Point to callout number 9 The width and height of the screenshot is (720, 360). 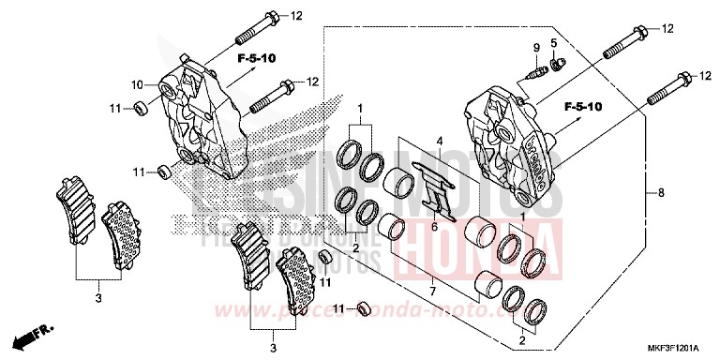537,47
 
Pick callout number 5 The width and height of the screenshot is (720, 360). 554,43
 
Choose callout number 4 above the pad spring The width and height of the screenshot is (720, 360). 437,141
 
